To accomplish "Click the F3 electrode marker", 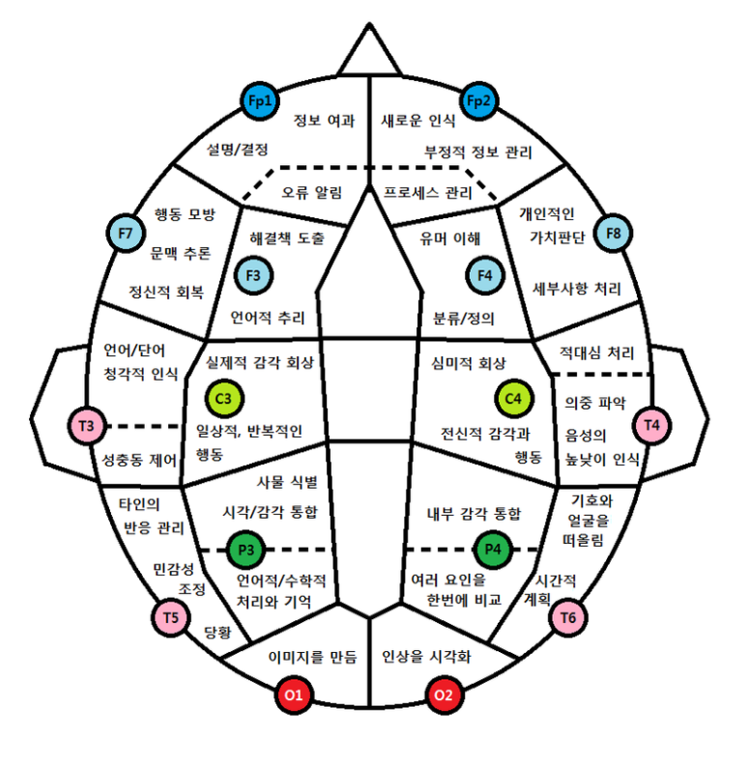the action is click(x=254, y=275).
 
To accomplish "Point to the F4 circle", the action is click(x=485, y=275).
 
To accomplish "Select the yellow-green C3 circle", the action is click(x=224, y=397).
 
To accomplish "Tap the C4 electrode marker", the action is click(x=514, y=397).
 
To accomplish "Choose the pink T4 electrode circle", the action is click(x=651, y=424).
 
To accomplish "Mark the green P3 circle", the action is click(x=245, y=550).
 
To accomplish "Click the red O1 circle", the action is click(x=295, y=694).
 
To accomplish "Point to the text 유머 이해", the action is click(x=449, y=238).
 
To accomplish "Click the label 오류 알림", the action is click(x=311, y=192).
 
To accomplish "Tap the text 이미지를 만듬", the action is click(x=311, y=658).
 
